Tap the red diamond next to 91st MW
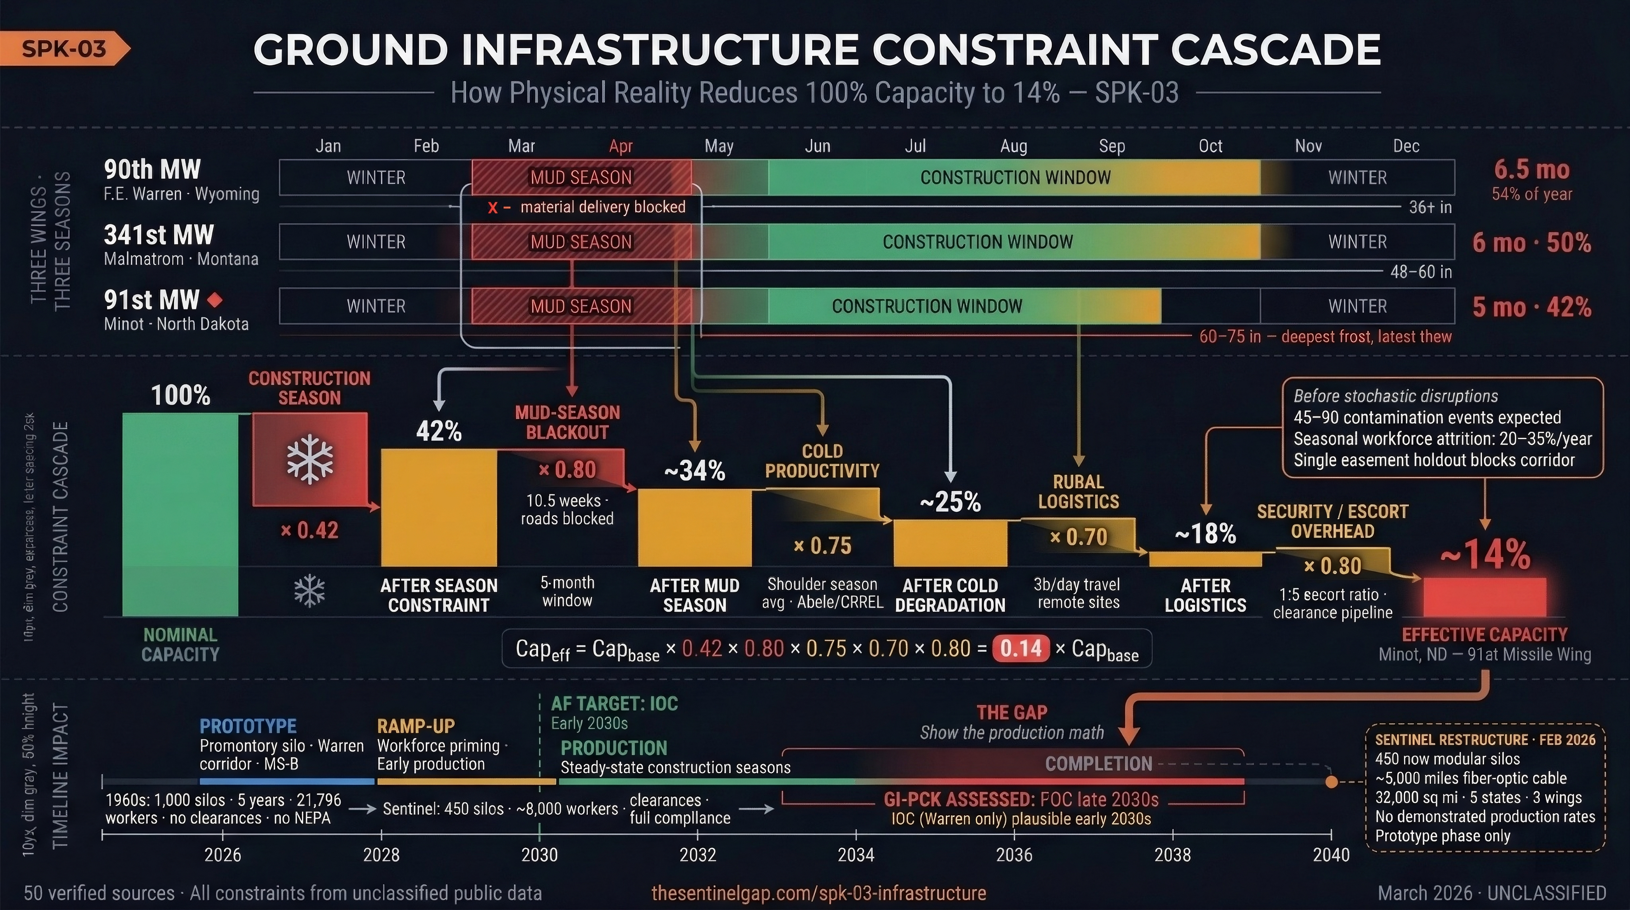tap(215, 299)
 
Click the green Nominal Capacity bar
tap(180, 514)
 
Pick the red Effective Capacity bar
tap(1484, 596)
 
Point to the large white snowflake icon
tap(310, 459)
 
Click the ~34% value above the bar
tap(694, 471)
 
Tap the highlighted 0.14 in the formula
tap(1021, 648)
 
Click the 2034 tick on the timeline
tap(856, 835)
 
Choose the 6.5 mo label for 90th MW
tap(1531, 170)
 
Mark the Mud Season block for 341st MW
tap(581, 242)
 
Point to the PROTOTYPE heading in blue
tap(248, 726)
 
